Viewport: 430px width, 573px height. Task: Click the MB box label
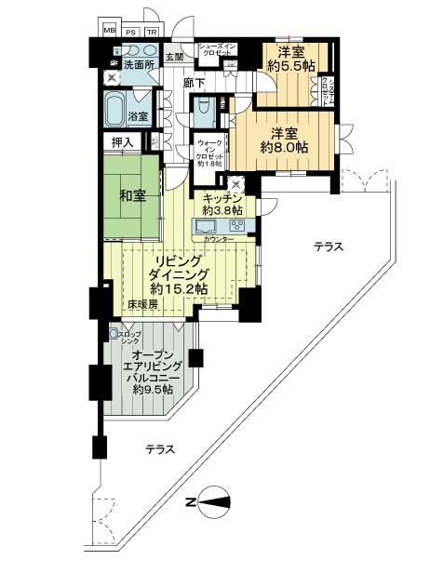pos(109,30)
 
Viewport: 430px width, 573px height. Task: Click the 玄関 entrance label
pos(175,57)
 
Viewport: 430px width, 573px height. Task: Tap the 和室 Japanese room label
pos(133,196)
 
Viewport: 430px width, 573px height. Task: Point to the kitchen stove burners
pos(236,225)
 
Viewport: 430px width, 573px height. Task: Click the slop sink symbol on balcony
pos(114,333)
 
